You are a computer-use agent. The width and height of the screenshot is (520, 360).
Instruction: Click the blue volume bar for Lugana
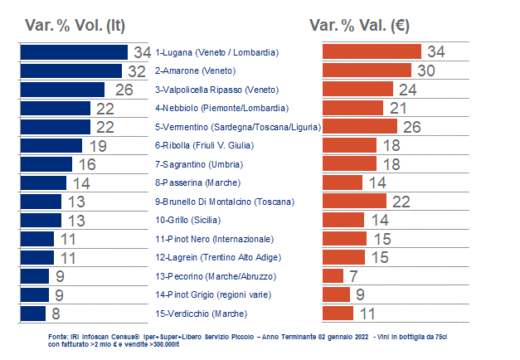(x=73, y=52)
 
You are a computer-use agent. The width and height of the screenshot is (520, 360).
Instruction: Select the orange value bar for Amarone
(x=366, y=71)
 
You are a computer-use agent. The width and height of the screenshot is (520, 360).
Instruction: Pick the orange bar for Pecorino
(x=332, y=275)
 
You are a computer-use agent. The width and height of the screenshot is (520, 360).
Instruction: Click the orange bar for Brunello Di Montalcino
(x=354, y=201)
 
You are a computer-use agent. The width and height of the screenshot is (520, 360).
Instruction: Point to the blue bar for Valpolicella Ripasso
(x=61, y=90)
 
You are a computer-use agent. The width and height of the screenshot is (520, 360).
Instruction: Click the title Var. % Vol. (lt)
(x=75, y=26)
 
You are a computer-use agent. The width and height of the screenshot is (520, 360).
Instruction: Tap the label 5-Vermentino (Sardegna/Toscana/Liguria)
(x=238, y=127)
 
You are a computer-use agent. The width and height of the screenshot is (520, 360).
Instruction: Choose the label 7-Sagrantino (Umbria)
(x=198, y=164)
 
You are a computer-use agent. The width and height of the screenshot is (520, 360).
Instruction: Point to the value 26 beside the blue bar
(x=124, y=90)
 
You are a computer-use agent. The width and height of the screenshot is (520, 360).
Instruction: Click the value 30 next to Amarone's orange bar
(x=426, y=71)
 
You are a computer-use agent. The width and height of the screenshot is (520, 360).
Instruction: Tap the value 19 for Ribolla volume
(x=98, y=145)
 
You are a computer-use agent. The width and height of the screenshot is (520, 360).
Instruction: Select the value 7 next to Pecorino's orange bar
(x=353, y=275)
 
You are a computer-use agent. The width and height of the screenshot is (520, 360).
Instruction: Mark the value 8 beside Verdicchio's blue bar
(x=56, y=314)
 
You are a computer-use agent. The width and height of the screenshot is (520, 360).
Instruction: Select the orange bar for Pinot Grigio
(x=335, y=294)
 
